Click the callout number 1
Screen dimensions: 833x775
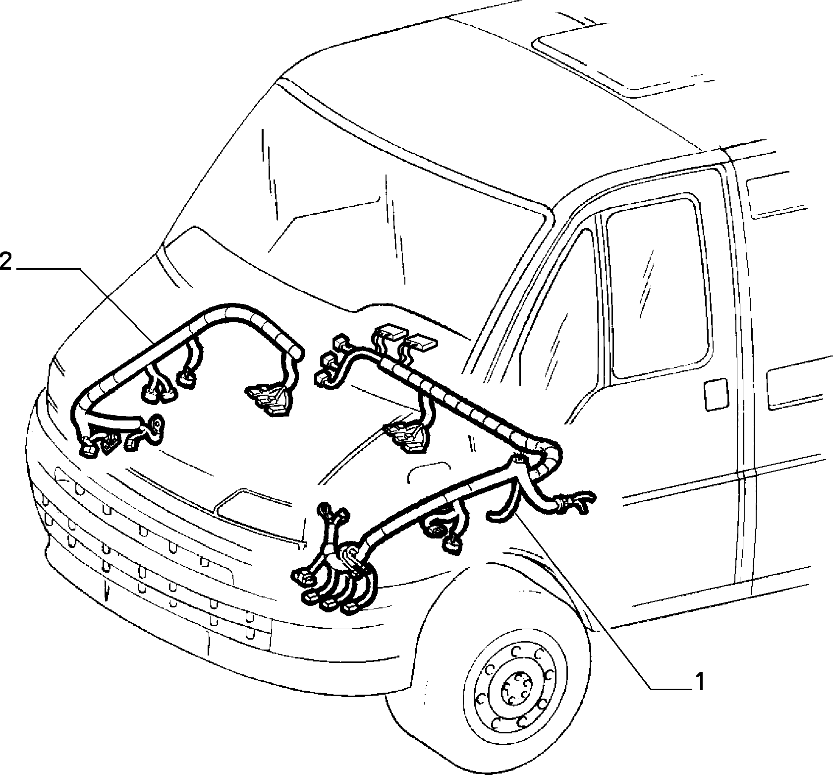pyautogui.click(x=699, y=682)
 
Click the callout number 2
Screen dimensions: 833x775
pyautogui.click(x=5, y=262)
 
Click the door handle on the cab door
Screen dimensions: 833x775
pyautogui.click(x=716, y=394)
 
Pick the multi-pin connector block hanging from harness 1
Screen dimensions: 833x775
pyautogui.click(x=406, y=436)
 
